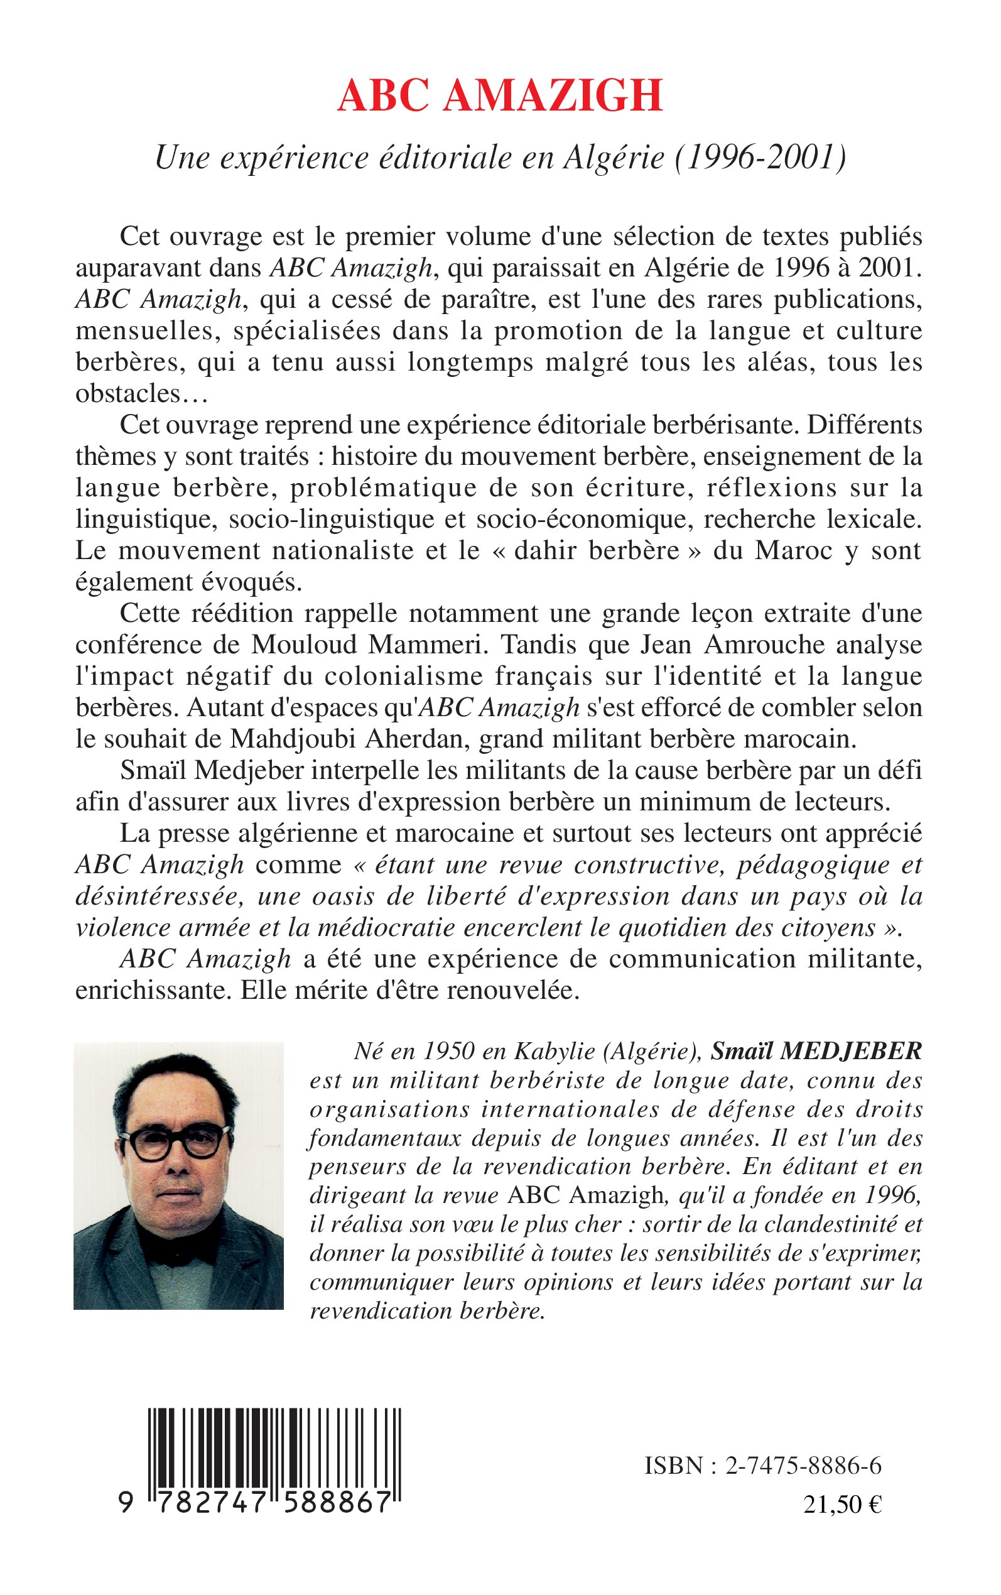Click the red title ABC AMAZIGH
(x=500, y=96)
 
